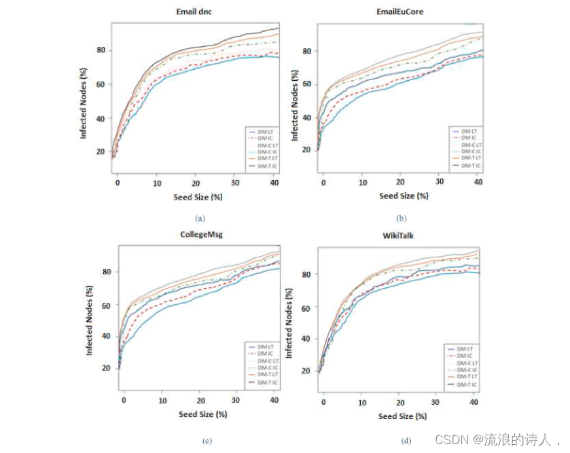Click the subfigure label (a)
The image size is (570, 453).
[199, 218]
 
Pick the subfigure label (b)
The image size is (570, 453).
[401, 218]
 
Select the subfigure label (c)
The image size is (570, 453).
[207, 441]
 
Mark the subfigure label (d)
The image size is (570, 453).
[406, 441]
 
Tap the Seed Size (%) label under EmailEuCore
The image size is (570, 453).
[404, 196]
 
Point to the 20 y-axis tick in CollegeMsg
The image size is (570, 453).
[107, 367]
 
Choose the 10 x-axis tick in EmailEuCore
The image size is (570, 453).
[363, 183]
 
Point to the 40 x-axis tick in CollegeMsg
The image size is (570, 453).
[274, 402]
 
